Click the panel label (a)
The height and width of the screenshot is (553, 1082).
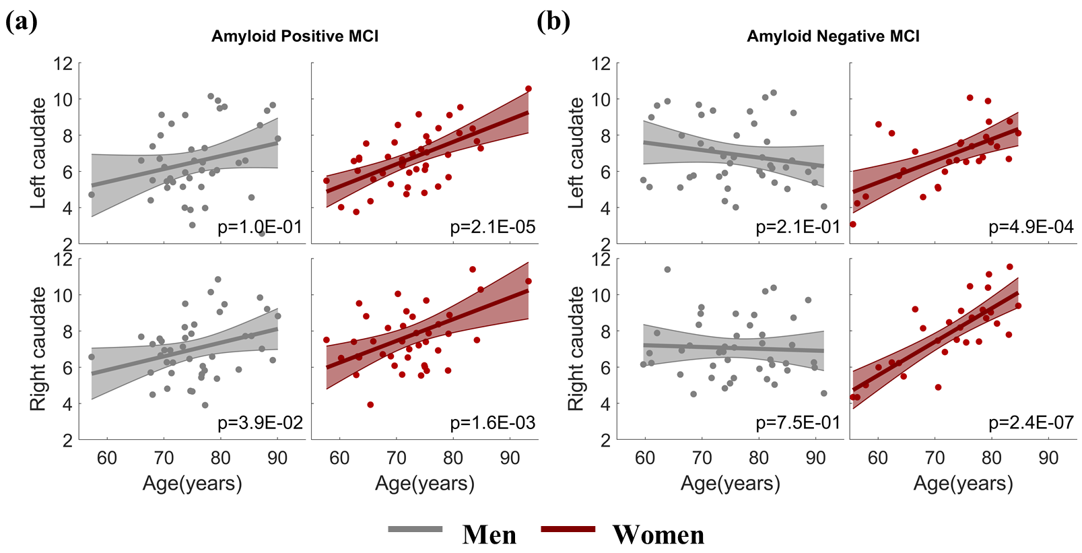click(x=21, y=22)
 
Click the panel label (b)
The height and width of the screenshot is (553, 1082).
click(x=553, y=22)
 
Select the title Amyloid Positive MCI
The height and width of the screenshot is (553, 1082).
click(x=295, y=36)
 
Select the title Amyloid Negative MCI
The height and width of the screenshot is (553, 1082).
click(x=833, y=36)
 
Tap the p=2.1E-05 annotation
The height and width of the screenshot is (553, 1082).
click(x=492, y=228)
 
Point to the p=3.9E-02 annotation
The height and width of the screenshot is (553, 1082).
click(x=260, y=423)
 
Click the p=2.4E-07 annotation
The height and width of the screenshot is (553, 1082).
click(x=1031, y=423)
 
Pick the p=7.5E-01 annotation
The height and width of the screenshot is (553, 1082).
click(x=798, y=423)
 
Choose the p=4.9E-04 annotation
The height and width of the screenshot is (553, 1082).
click(x=1031, y=228)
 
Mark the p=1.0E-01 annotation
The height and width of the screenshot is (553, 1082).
click(x=260, y=228)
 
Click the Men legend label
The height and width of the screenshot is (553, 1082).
click(x=489, y=535)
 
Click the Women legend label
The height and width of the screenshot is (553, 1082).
click(x=658, y=535)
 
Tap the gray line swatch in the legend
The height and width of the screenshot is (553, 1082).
click(x=415, y=529)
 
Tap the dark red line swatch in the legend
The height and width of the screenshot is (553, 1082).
click(x=568, y=529)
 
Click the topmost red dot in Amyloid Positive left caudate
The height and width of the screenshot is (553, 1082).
click(x=529, y=89)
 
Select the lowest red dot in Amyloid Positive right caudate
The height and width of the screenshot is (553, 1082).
click(x=370, y=405)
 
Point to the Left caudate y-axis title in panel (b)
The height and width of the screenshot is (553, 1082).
click(x=576, y=153)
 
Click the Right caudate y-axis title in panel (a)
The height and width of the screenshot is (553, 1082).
click(x=38, y=349)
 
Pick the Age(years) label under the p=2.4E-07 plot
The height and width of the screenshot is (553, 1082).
click(x=963, y=484)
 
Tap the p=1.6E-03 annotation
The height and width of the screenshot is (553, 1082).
click(x=492, y=423)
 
